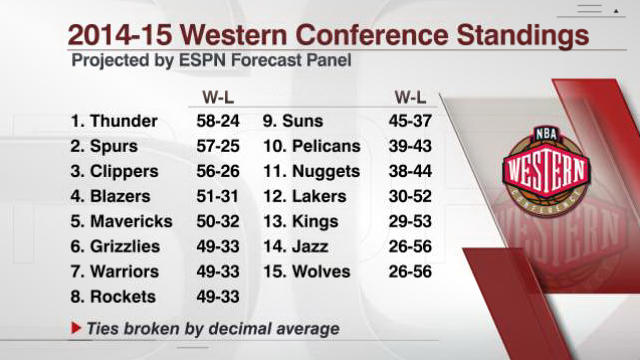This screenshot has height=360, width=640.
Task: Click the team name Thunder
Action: tap(124, 121)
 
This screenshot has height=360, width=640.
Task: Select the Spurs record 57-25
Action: tap(218, 146)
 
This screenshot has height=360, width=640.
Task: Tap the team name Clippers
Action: tap(124, 172)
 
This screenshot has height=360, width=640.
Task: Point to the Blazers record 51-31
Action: tap(217, 196)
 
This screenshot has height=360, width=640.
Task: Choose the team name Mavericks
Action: tap(131, 221)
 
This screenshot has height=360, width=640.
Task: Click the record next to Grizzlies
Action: tap(218, 247)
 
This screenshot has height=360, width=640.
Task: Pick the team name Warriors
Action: tap(124, 271)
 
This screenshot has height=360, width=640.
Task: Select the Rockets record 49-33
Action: tap(218, 297)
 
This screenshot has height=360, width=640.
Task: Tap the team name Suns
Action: tap(302, 121)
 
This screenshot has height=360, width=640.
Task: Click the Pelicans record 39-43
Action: tap(410, 146)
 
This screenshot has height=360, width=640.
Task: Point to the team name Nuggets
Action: tap(326, 172)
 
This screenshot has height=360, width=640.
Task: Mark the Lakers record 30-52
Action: tap(410, 196)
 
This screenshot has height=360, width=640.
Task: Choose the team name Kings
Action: tap(315, 222)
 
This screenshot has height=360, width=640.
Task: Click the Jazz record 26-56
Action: tap(410, 247)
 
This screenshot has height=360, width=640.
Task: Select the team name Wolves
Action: tap(321, 271)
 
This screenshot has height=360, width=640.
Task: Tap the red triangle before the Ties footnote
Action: tap(76, 328)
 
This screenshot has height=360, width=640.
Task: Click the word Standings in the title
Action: tap(523, 36)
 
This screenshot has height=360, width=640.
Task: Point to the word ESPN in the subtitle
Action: tap(202, 60)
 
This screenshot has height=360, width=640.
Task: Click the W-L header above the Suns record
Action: tap(410, 98)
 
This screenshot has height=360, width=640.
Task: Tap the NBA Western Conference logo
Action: tap(546, 170)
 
